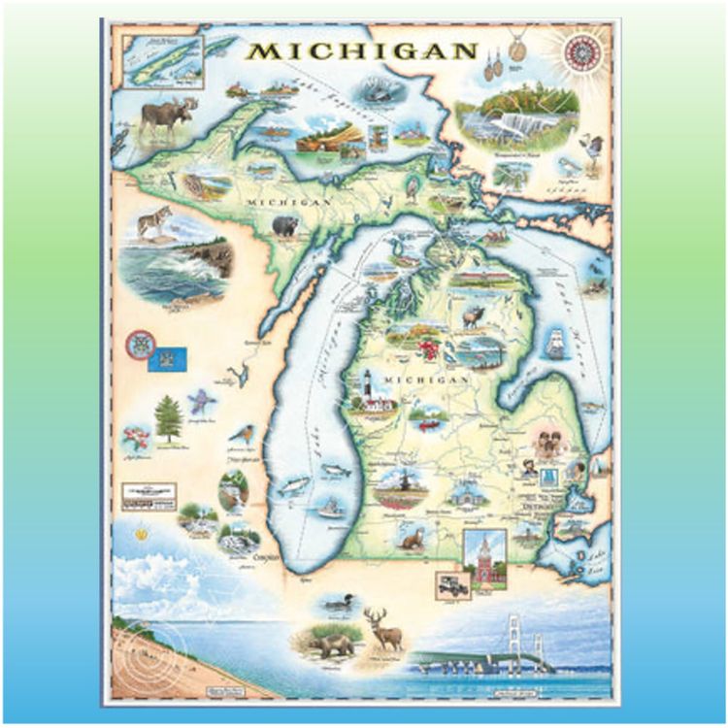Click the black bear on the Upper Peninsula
pos(284,227)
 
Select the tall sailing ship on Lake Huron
pos(556,342)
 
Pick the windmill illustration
pos(399,480)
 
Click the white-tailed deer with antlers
pos(384,628)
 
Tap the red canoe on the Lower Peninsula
pos(424,424)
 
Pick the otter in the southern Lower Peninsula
pos(412,537)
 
